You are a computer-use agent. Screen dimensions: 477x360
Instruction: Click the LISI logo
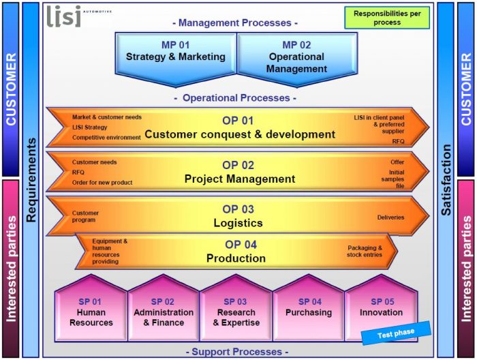pos(78,16)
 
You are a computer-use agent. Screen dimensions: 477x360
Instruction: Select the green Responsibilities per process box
pos(387,18)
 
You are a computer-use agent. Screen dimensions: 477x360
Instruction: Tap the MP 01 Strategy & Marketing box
pos(176,59)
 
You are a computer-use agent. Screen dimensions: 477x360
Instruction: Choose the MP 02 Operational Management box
pos(297,59)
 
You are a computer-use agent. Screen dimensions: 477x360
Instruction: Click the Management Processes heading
pos(235,22)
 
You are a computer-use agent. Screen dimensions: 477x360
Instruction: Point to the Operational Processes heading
pos(236,98)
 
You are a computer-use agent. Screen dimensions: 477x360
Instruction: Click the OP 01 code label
pos(238,121)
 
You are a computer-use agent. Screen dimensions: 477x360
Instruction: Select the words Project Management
pos(240,179)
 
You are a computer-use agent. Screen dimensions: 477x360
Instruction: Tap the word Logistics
pos(238,223)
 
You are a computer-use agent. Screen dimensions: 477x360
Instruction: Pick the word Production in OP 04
pos(236,258)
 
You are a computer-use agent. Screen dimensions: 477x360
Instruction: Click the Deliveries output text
pos(390,217)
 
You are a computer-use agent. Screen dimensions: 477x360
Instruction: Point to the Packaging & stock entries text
pos(365,252)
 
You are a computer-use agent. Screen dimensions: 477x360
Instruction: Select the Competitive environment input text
pos(106,138)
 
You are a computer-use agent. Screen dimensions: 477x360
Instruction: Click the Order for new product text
pos(102,183)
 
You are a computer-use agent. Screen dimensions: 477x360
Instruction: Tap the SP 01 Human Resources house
pos(91,308)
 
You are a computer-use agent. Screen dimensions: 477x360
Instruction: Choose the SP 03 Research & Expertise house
pos(236,308)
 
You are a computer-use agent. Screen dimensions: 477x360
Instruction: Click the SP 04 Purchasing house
pos(309,308)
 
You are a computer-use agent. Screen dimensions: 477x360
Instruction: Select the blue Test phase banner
pos(396,333)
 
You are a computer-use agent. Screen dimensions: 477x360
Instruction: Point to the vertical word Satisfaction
pos(446,180)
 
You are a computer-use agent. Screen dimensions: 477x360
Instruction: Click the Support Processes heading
pos(237,352)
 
